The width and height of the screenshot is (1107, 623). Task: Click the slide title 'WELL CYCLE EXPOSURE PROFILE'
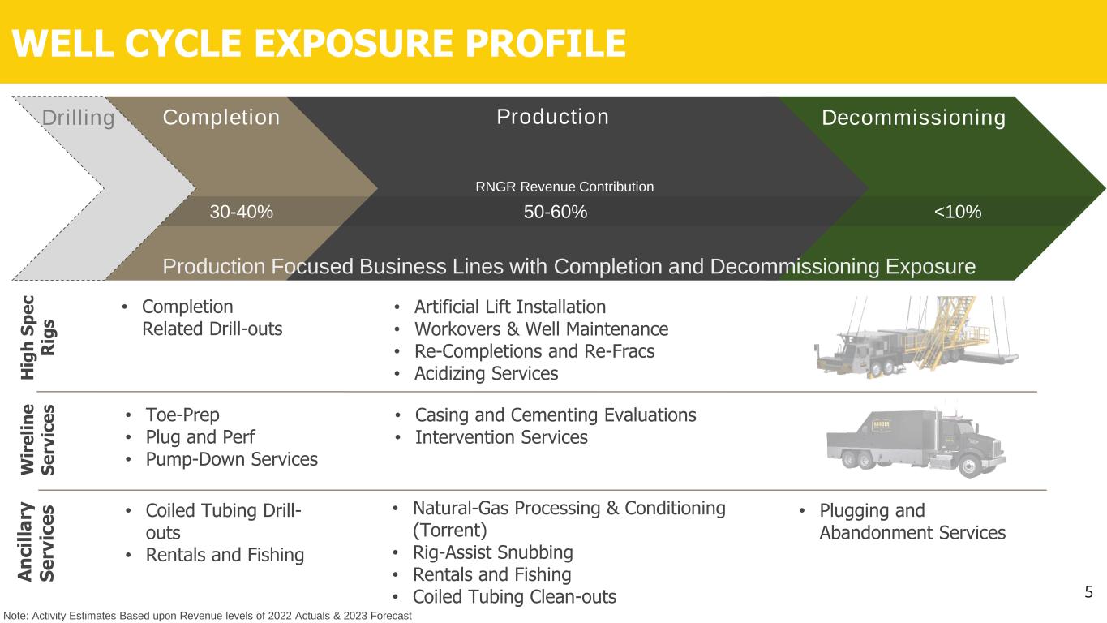[319, 43]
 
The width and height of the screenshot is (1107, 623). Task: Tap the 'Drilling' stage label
[78, 118]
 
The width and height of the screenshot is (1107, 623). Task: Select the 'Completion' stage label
[221, 118]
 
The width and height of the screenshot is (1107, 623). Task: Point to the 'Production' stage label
[552, 117]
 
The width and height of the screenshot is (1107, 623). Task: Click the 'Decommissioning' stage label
[914, 118]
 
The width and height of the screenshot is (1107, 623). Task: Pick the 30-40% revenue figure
[241, 213]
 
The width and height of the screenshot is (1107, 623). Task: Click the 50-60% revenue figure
[556, 213]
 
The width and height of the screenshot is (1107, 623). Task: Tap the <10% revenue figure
[958, 213]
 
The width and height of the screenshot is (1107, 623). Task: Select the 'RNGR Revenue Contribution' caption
[564, 187]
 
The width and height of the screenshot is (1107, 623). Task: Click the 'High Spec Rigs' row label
[38, 336]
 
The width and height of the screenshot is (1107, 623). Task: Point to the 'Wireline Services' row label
[38, 440]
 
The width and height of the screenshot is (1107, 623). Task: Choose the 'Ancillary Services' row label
[38, 542]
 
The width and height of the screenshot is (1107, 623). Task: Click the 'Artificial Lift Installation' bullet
[509, 307]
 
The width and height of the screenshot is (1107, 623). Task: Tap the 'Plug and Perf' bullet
[200, 437]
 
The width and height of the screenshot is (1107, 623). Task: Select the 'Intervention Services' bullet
[500, 437]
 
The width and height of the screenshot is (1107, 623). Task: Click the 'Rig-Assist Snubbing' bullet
[492, 553]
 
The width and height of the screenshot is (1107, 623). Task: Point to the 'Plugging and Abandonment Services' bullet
[912, 522]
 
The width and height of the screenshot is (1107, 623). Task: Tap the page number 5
[1089, 591]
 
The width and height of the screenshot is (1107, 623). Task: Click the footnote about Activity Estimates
[208, 616]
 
